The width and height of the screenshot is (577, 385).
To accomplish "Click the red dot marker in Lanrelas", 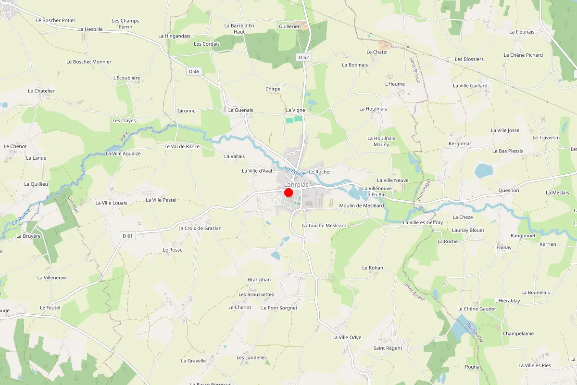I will [288, 192].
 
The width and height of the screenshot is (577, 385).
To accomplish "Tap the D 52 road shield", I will [303, 58].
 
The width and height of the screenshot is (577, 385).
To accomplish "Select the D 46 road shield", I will [194, 72].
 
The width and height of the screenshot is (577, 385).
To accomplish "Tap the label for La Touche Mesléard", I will [324, 225].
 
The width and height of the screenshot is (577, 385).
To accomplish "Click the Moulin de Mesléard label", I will [361, 205].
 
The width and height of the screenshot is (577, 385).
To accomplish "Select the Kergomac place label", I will [460, 144].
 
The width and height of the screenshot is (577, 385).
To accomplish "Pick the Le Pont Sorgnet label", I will [279, 308].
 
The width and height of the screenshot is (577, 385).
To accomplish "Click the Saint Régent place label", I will [388, 348].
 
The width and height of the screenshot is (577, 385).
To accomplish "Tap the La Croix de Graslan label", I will [200, 228].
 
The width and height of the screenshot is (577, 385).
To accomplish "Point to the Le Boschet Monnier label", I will [89, 62].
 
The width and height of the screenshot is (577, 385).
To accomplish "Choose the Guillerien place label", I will [289, 26].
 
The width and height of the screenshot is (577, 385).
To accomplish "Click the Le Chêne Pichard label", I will [523, 55].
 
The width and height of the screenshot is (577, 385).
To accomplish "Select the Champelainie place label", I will [518, 334].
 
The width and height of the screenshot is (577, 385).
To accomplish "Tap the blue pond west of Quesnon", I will [483, 170].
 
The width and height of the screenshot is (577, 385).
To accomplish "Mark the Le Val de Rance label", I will [182, 146].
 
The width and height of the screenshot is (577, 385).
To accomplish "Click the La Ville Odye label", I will [347, 337].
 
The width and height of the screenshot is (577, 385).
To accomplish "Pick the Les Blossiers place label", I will [469, 59].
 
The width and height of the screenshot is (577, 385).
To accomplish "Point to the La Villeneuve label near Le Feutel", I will [52, 278].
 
